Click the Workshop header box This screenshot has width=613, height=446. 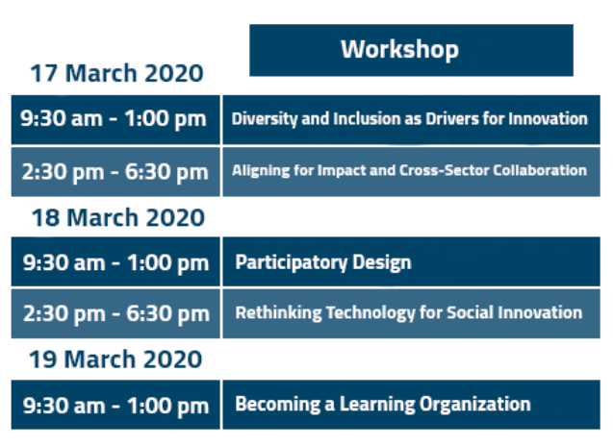tap(411, 50)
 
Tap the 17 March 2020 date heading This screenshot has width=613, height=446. tap(116, 73)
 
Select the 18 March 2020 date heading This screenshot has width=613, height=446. tap(118, 217)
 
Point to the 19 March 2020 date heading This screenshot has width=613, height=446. tap(115, 359)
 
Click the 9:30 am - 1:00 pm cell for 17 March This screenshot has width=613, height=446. tap(115, 119)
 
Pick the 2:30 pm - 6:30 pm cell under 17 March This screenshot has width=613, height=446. tap(115, 172)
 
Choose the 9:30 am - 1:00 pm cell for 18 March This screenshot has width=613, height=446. tap(115, 261)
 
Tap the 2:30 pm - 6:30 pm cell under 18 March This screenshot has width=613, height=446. tap(115, 313)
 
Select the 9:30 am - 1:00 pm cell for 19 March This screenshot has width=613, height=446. tap(115, 405)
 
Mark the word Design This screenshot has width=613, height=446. tap(382, 262)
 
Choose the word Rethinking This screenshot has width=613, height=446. tap(278, 312)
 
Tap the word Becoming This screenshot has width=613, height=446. tap(277, 405)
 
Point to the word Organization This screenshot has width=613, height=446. tap(475, 405)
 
